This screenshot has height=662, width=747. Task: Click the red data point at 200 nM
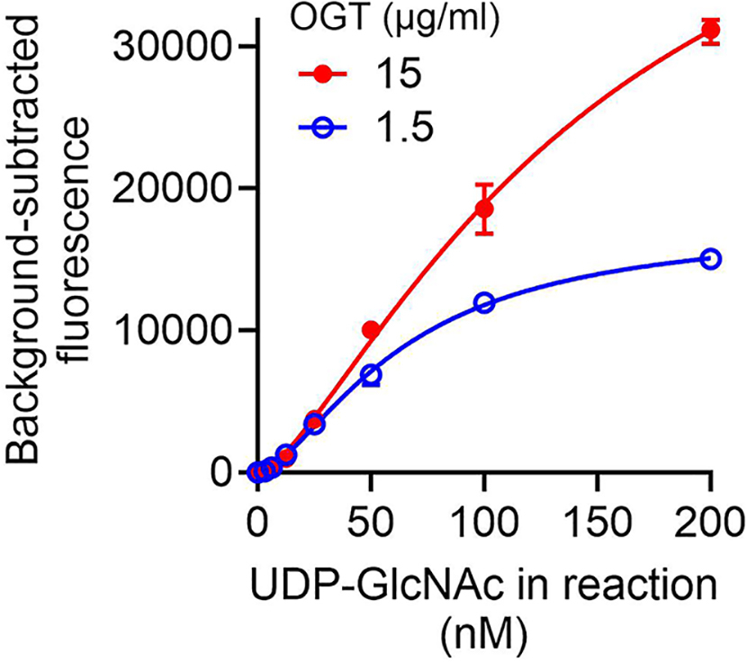point(710,31)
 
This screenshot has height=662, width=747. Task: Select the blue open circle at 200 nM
point(710,259)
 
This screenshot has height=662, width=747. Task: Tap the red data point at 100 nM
point(484,209)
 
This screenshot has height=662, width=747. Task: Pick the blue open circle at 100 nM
point(484,303)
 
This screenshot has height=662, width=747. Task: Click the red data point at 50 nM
point(371,330)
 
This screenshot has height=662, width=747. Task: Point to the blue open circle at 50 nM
point(371,374)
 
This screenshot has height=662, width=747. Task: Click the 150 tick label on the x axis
point(597,521)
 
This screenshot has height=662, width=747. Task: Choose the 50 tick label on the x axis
point(371,521)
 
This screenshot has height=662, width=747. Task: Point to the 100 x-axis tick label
point(484,521)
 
